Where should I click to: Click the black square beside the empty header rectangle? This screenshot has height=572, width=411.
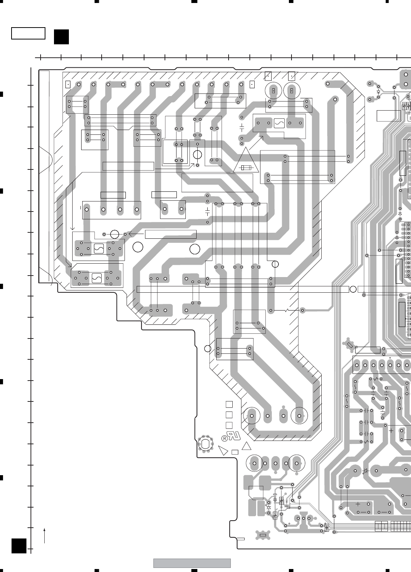click(x=61, y=36)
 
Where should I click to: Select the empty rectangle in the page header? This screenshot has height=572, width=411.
click(x=28, y=33)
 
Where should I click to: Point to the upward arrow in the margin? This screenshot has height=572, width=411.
click(x=45, y=535)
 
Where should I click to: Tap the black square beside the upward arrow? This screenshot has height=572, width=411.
click(x=19, y=546)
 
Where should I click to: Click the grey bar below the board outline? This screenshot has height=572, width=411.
click(x=192, y=563)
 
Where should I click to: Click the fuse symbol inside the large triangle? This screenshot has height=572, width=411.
click(x=245, y=168)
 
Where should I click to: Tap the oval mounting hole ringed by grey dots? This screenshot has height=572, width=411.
click(x=205, y=443)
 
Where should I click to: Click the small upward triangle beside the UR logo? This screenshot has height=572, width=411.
click(x=247, y=447)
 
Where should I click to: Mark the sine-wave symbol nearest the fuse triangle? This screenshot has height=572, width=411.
click(x=279, y=123)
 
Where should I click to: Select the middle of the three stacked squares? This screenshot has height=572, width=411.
click(x=229, y=414)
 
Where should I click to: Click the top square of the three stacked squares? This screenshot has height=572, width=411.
click(x=229, y=404)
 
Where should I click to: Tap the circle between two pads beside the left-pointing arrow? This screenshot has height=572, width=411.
click(x=115, y=234)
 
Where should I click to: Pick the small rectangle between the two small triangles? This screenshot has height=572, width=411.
click(x=235, y=452)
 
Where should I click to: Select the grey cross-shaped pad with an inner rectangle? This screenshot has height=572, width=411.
click(x=262, y=535)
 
